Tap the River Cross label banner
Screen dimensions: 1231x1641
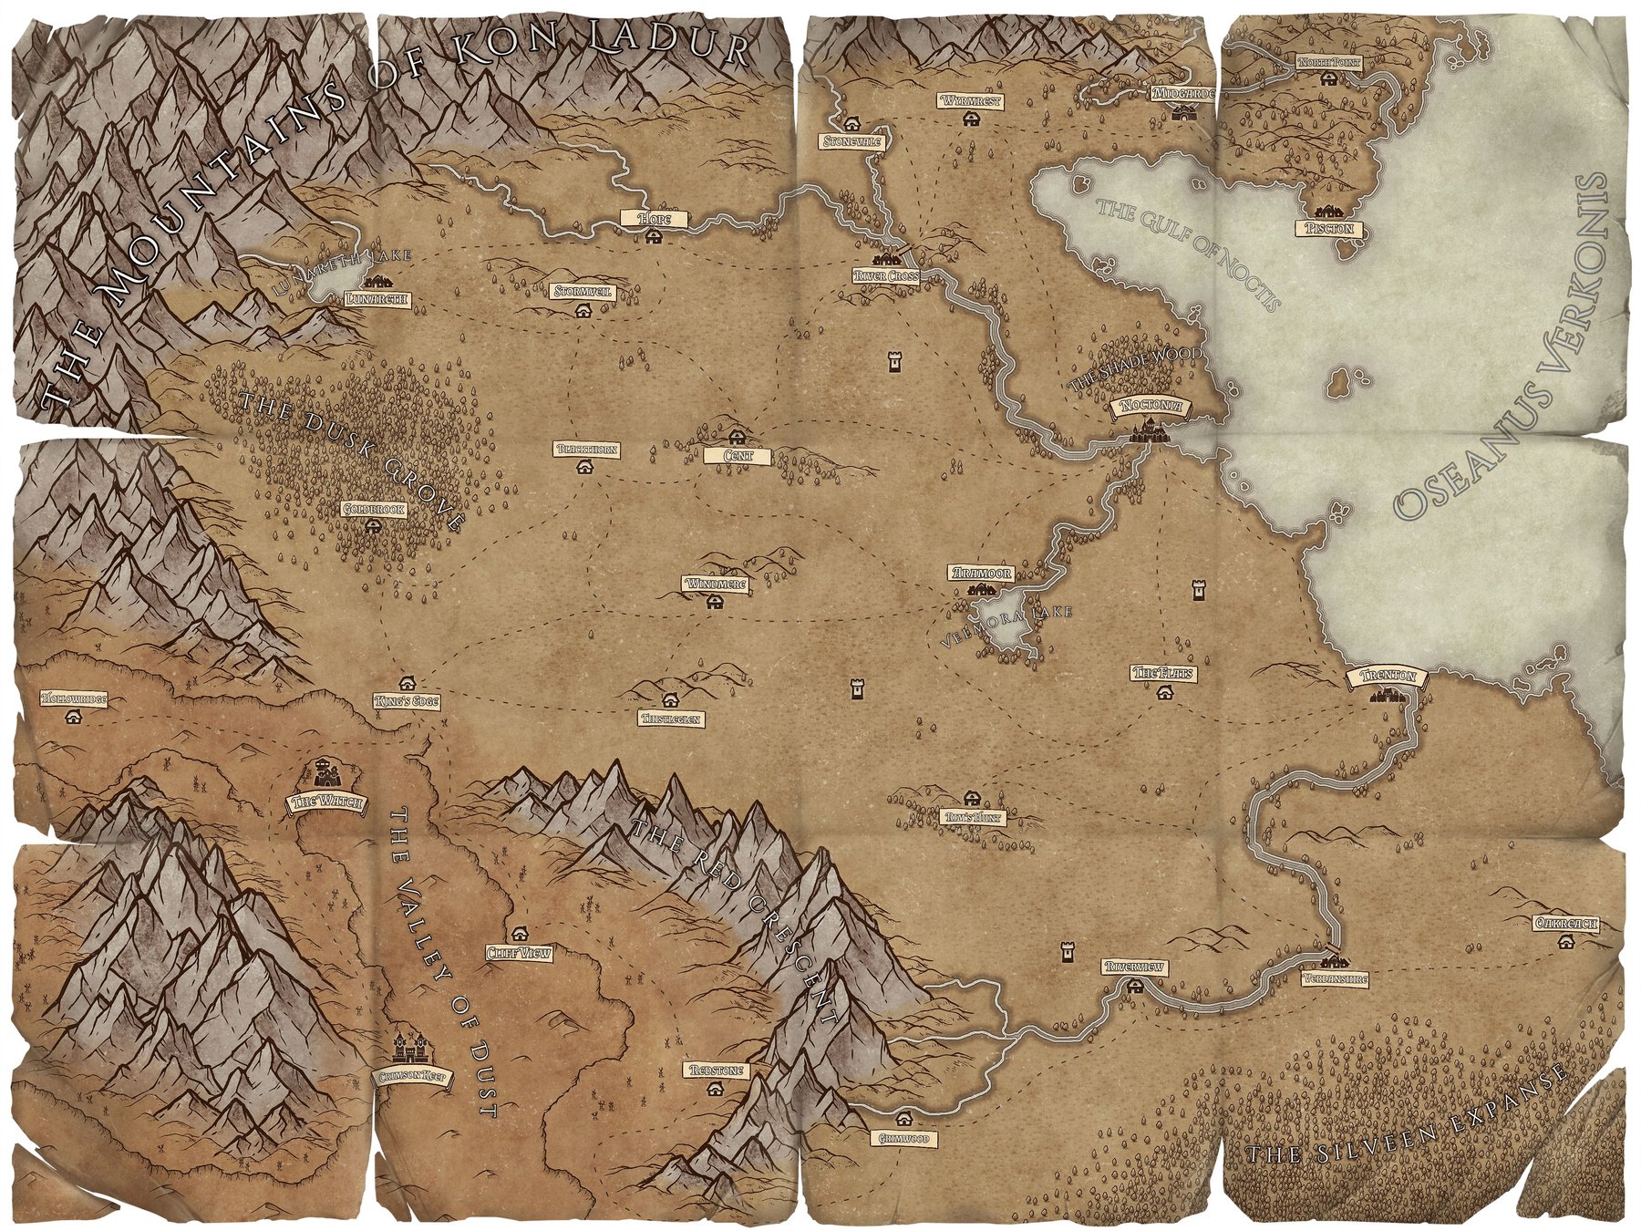point(886,274)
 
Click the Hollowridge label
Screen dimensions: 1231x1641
point(74,698)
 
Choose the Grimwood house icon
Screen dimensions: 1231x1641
point(903,1119)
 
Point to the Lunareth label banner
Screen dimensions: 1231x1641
point(376,298)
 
